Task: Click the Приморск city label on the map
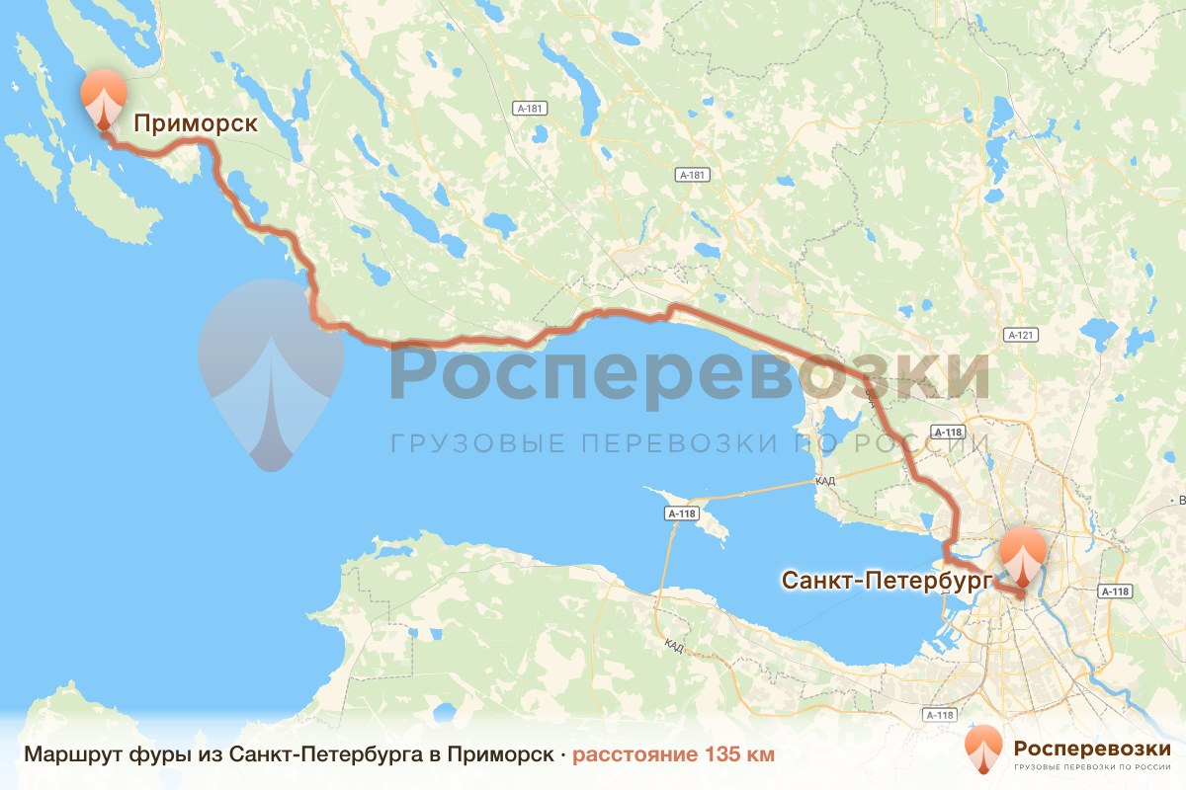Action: (x=195, y=123)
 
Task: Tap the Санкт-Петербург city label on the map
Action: (x=885, y=581)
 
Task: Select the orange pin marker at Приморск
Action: (x=102, y=98)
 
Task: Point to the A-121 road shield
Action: (x=1021, y=335)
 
